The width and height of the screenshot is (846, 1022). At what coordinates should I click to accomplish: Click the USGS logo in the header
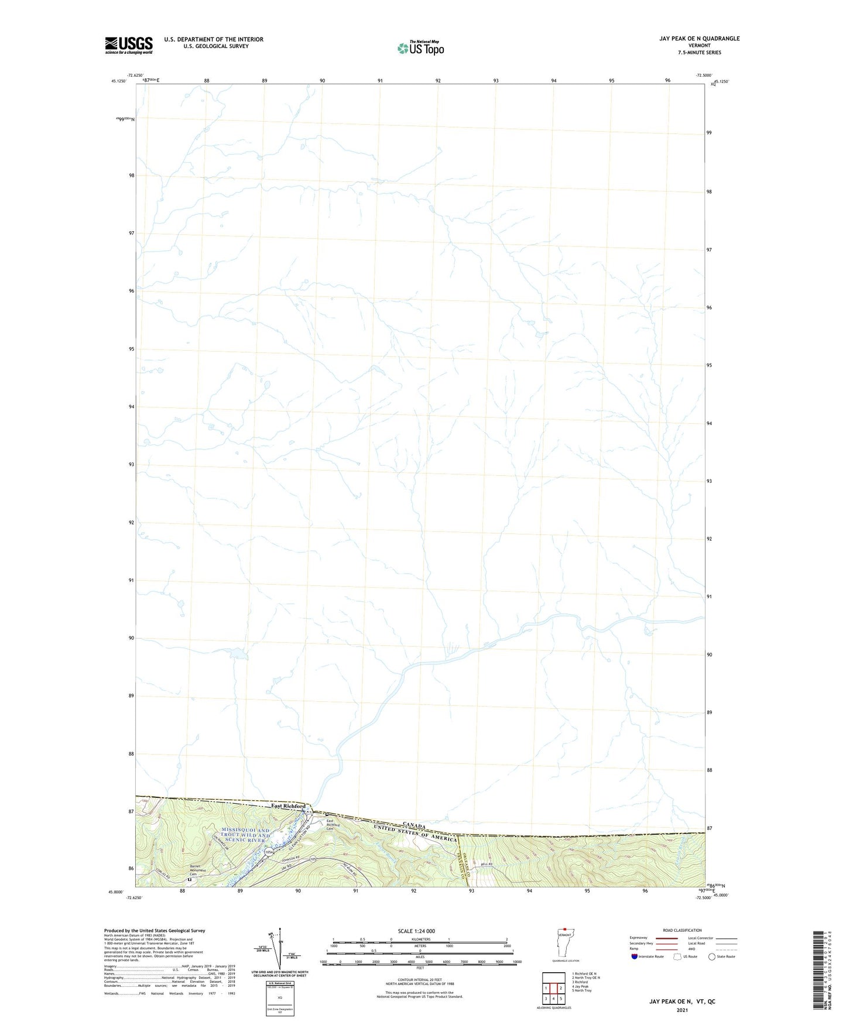point(129,45)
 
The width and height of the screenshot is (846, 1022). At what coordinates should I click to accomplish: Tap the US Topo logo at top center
point(420,48)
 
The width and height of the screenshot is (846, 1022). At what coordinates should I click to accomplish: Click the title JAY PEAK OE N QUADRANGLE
point(699,39)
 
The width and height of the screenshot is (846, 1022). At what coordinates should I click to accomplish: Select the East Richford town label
point(288,806)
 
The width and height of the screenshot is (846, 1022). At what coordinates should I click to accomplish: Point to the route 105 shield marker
point(313,859)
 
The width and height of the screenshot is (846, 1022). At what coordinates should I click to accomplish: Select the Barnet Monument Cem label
point(199,870)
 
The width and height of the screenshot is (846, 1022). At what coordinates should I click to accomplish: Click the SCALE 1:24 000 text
point(416,931)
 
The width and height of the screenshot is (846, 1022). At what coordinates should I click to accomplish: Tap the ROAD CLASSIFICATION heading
point(682,930)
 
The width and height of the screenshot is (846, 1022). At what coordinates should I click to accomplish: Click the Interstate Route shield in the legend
point(635,956)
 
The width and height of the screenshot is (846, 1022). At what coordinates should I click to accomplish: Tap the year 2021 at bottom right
point(681,1010)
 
